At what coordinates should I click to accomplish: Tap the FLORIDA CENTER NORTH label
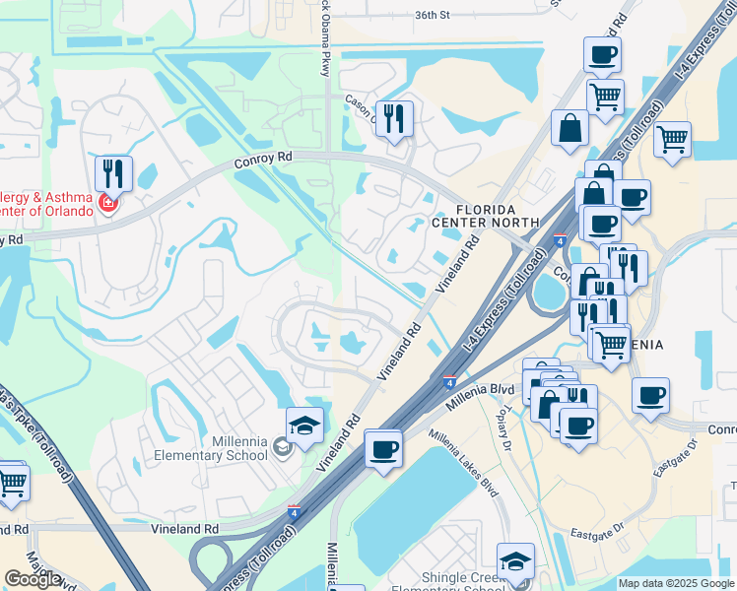pyautogui.click(x=498, y=216)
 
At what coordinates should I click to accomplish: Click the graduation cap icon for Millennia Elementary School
pyautogui.click(x=305, y=426)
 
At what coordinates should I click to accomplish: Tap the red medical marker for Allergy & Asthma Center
pyautogui.click(x=107, y=204)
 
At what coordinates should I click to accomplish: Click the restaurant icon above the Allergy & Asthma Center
pyautogui.click(x=113, y=173)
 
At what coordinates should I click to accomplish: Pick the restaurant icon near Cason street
pyautogui.click(x=394, y=118)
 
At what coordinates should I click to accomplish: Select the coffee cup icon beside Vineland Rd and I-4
pyautogui.click(x=383, y=449)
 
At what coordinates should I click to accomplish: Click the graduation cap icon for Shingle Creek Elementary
pyautogui.click(x=515, y=560)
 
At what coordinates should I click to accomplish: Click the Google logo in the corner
pyautogui.click(x=33, y=579)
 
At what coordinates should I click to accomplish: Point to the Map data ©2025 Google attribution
pyautogui.click(x=675, y=583)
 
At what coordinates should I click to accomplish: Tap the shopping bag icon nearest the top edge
pyautogui.click(x=569, y=127)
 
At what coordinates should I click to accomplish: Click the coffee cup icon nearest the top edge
pyautogui.click(x=602, y=54)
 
